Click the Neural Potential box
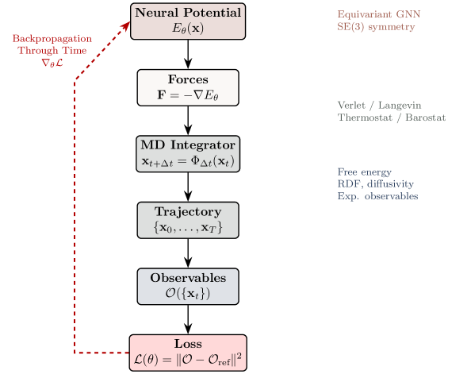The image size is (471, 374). click(188, 21)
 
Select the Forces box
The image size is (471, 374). click(188, 87)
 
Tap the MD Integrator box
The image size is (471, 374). click(188, 153)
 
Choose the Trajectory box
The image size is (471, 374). click(188, 220)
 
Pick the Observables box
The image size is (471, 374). click(188, 286)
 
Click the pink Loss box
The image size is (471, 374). click(188, 353)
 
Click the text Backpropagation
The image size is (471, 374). click(52, 38)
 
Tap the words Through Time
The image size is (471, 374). click(52, 48)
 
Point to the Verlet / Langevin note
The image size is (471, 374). click(378, 105)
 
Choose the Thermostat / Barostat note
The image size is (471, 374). click(391, 118)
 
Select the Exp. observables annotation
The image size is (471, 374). click(377, 195)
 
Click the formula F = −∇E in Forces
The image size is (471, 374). click(188, 94)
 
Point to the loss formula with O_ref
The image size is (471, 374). click(188, 360)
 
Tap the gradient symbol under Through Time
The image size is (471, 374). click(52, 60)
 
